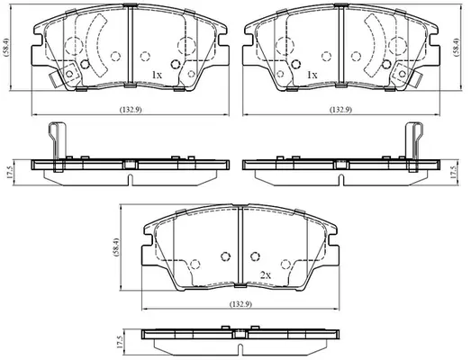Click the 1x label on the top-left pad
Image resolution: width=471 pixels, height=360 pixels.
[x=157, y=75]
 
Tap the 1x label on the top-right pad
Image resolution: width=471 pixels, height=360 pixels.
[x=312, y=75]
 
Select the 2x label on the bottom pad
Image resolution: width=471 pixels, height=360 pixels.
[x=266, y=275]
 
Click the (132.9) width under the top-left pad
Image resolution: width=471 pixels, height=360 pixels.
[x=131, y=110]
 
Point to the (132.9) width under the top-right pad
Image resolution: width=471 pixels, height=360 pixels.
[x=341, y=110]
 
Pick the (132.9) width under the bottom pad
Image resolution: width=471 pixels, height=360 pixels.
[x=240, y=304]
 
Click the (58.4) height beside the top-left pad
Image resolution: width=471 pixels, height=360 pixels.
[x=6, y=48]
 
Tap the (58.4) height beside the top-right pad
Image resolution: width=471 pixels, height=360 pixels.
[x=457, y=48]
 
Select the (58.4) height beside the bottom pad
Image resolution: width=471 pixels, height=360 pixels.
[x=116, y=247]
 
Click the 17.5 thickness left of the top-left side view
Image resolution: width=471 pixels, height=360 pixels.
[x=9, y=173]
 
